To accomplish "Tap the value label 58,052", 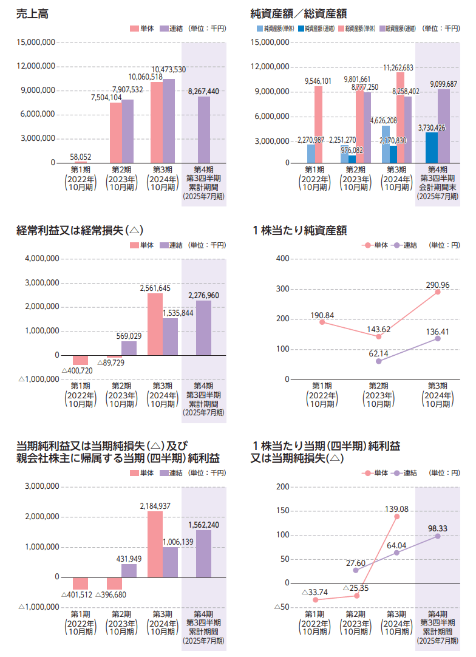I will (x=81, y=156).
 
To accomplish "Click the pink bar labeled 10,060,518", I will (x=157, y=122).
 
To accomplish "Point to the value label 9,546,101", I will (x=318, y=81).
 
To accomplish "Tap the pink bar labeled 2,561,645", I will (x=155, y=324).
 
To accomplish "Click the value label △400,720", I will (x=77, y=370).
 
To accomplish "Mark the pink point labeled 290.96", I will (x=437, y=292).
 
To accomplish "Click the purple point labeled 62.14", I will (x=379, y=361).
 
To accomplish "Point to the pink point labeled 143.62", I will (x=379, y=336).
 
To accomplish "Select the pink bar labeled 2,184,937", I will (x=155, y=544).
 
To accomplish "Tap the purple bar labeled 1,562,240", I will (x=203, y=553).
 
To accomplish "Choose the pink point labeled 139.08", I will (x=396, y=516).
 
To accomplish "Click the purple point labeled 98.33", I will (x=437, y=536).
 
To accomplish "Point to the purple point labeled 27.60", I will (x=356, y=570).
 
